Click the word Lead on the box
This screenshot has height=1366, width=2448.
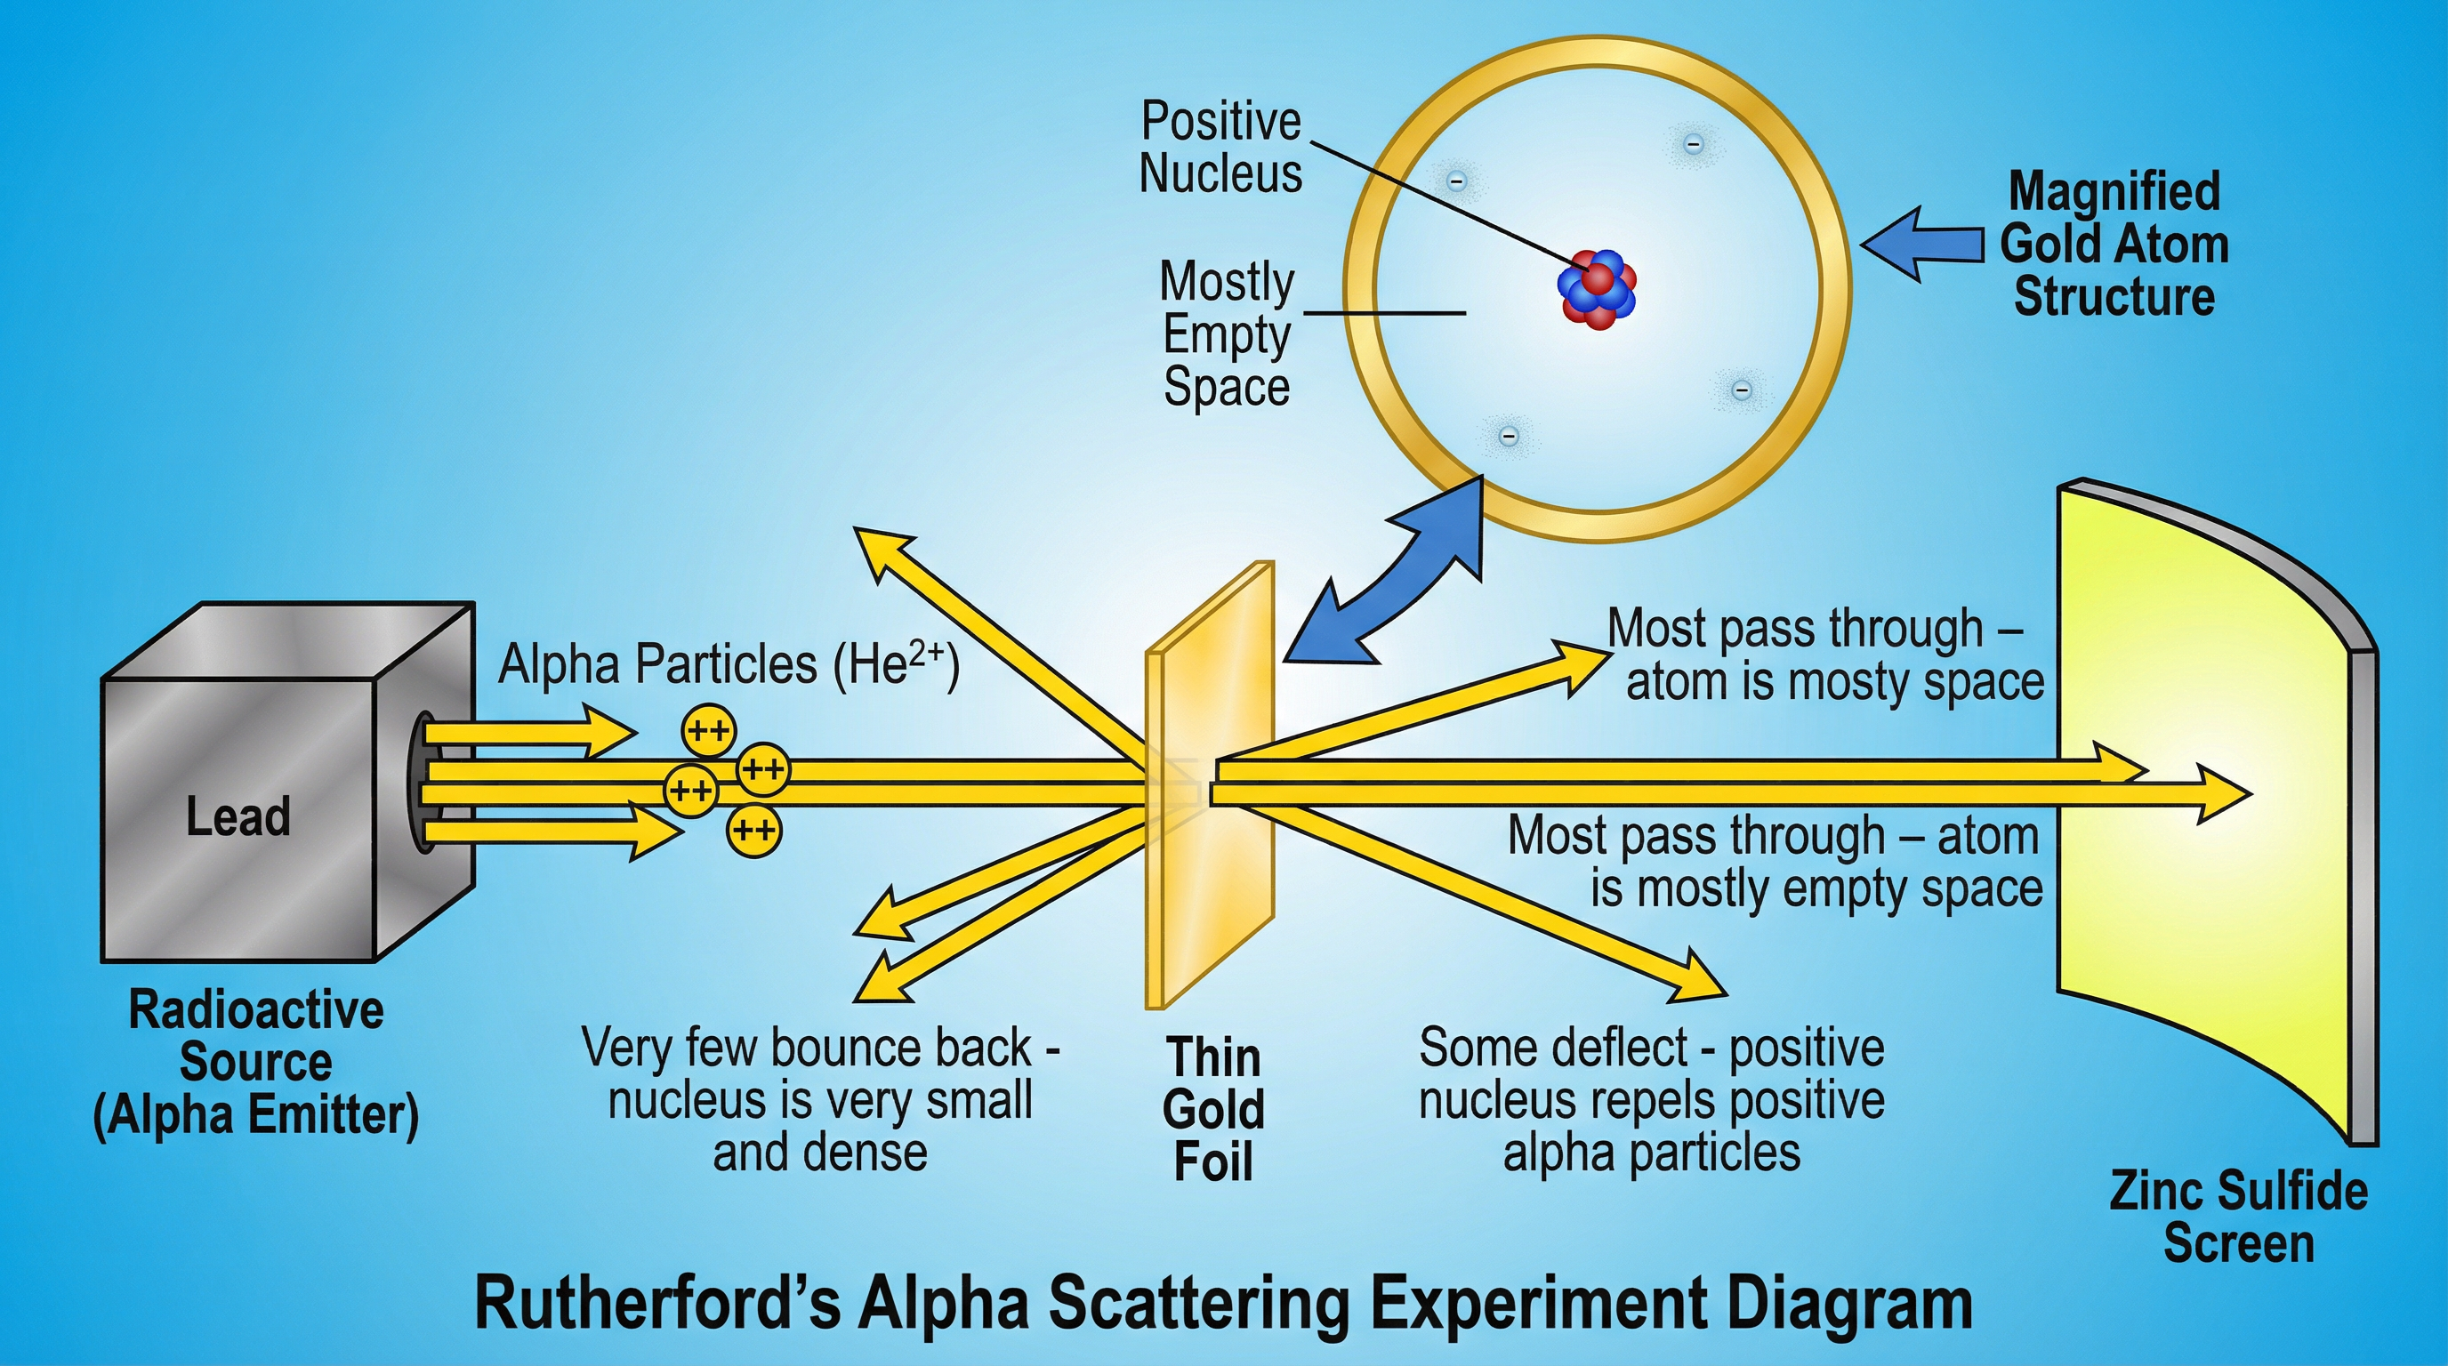238,817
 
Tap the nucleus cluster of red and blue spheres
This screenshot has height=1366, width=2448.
1598,289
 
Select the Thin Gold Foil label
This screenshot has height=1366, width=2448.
1213,1109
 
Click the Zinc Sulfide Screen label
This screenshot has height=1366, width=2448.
2238,1217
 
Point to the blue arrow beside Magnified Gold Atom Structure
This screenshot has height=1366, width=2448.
1921,245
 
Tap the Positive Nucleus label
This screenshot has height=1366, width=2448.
1220,149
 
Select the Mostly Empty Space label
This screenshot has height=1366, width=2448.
1226,334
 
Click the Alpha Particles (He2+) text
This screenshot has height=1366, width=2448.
728,664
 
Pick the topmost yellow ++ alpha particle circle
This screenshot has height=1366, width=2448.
708,730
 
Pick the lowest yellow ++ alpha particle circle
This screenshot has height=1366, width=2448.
753,832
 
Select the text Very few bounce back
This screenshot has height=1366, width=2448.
808,1048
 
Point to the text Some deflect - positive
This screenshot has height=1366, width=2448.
1652,1048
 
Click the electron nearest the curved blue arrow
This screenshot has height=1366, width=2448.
1507,436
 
